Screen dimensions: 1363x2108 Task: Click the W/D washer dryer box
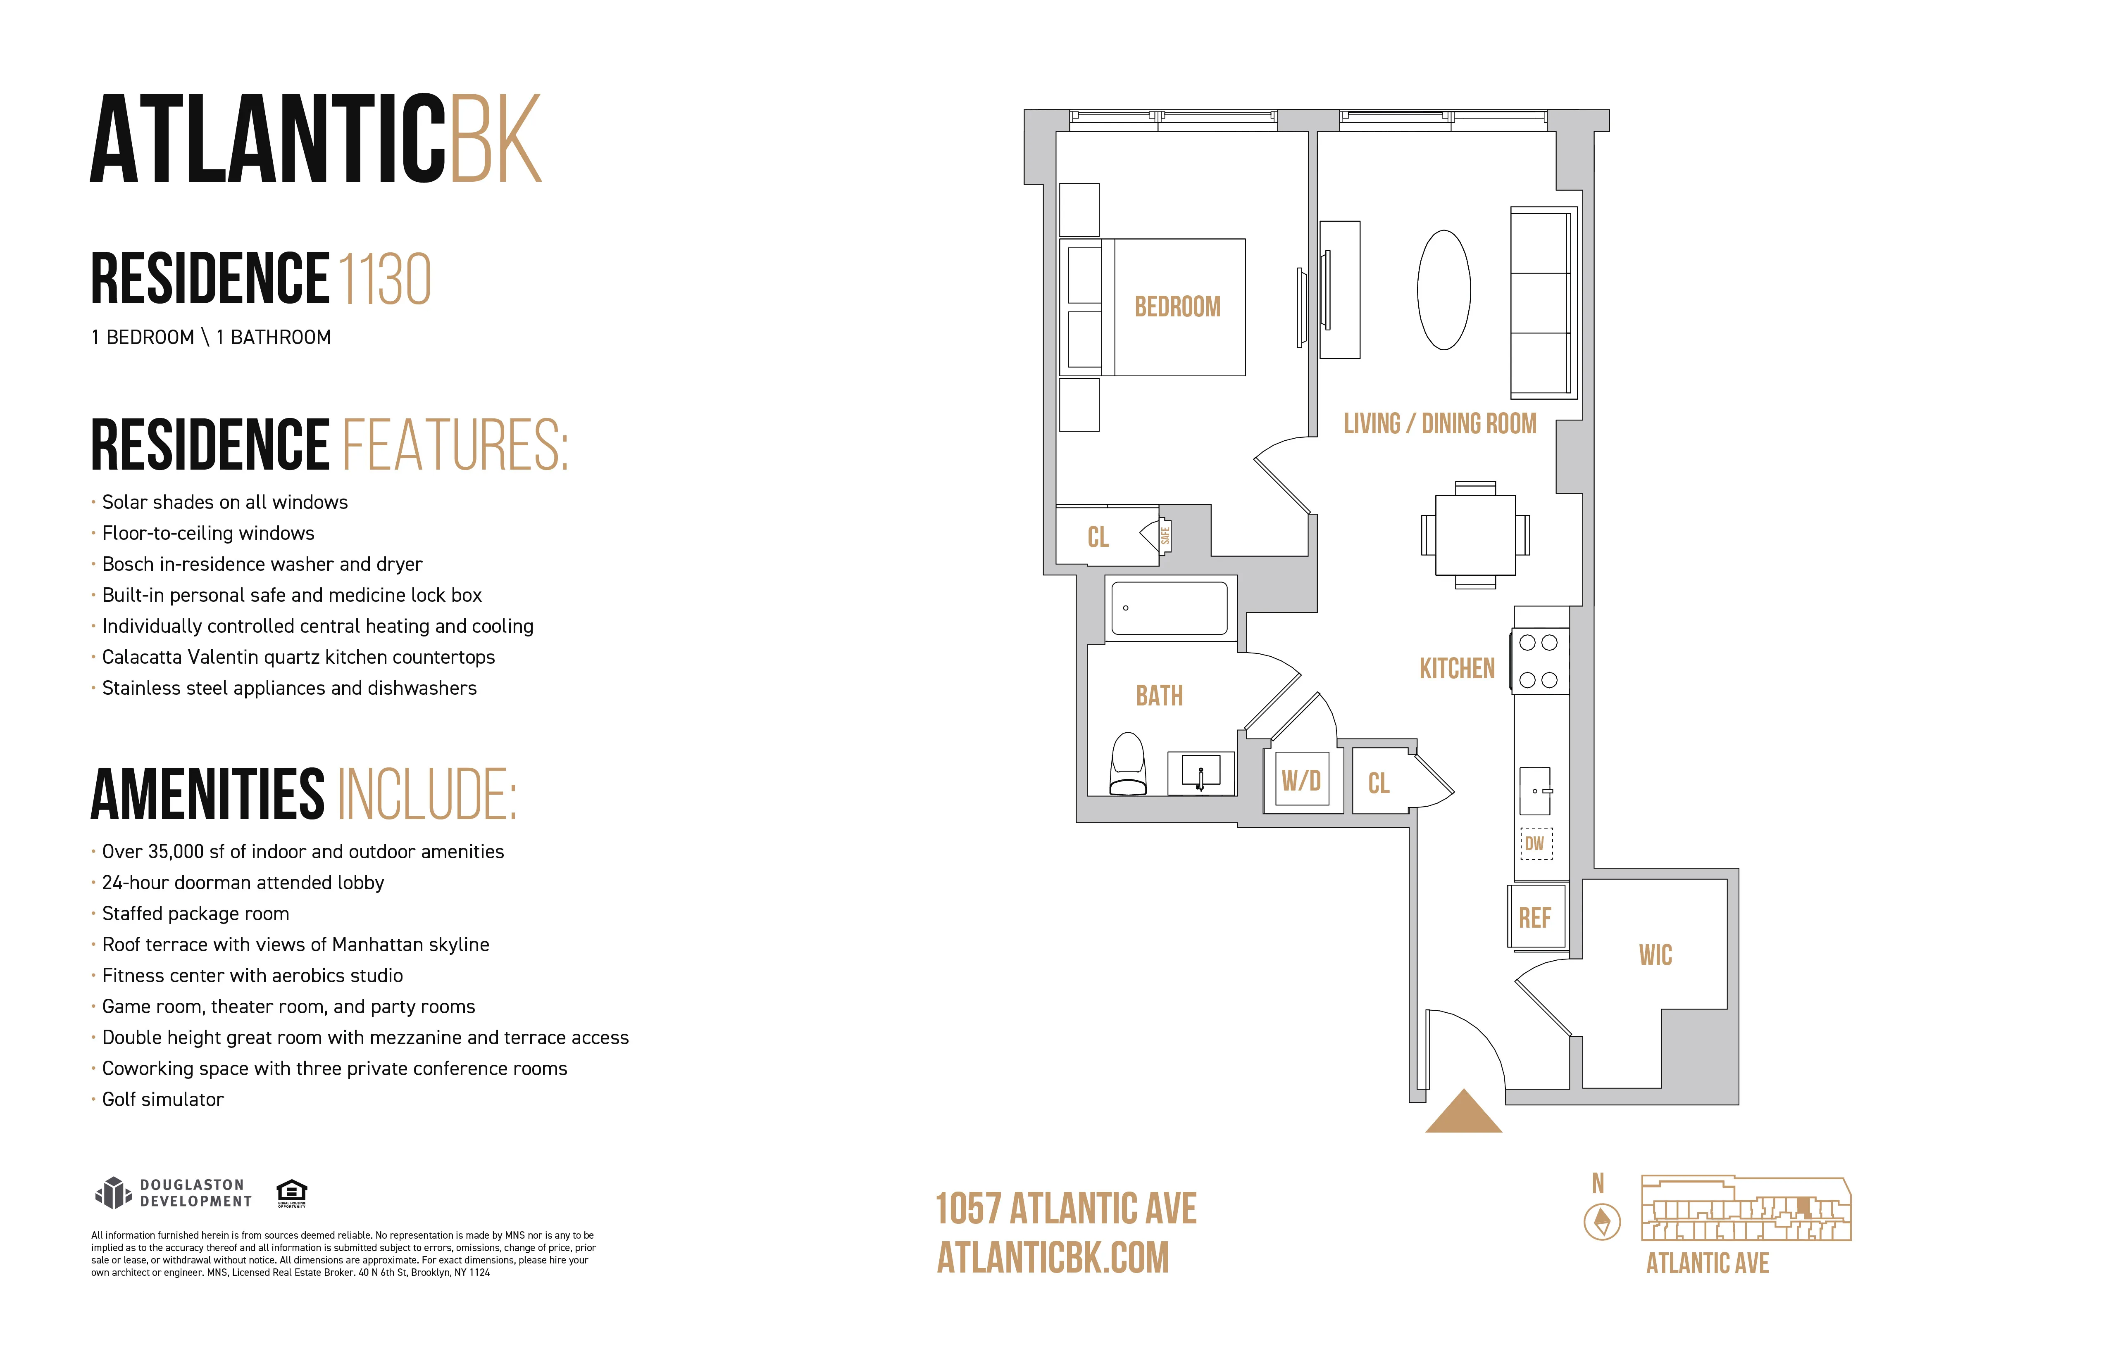pyautogui.click(x=1301, y=780)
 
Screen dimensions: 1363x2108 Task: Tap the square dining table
pyautogui.click(x=1475, y=534)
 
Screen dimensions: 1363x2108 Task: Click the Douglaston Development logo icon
pyautogui.click(x=113, y=1193)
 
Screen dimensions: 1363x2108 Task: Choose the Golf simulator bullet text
pyautogui.click(x=163, y=1099)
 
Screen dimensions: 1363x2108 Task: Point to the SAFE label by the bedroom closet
pyautogui.click(x=1165, y=535)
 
